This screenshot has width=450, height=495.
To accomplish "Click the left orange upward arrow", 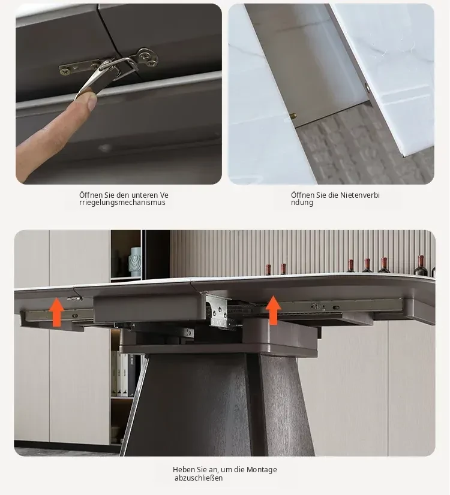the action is click(x=57, y=312).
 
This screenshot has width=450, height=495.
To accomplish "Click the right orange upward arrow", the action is click(x=273, y=310).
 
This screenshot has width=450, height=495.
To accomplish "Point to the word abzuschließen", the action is click(x=199, y=478).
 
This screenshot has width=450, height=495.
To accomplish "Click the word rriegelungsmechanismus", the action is click(x=122, y=203).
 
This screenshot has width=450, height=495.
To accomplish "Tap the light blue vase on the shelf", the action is click(x=135, y=262).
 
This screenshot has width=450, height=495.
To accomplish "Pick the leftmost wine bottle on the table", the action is click(x=268, y=269).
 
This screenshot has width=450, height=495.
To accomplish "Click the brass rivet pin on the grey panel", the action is click(x=293, y=116).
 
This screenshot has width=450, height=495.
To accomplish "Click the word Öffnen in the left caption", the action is click(x=91, y=195).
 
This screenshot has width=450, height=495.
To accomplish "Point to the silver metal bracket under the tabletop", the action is click(x=218, y=310).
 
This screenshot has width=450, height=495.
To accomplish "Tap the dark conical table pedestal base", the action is click(x=218, y=405).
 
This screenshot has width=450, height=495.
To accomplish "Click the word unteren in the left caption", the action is click(x=145, y=195).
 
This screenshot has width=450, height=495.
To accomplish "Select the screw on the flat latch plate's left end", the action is click(x=65, y=71).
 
